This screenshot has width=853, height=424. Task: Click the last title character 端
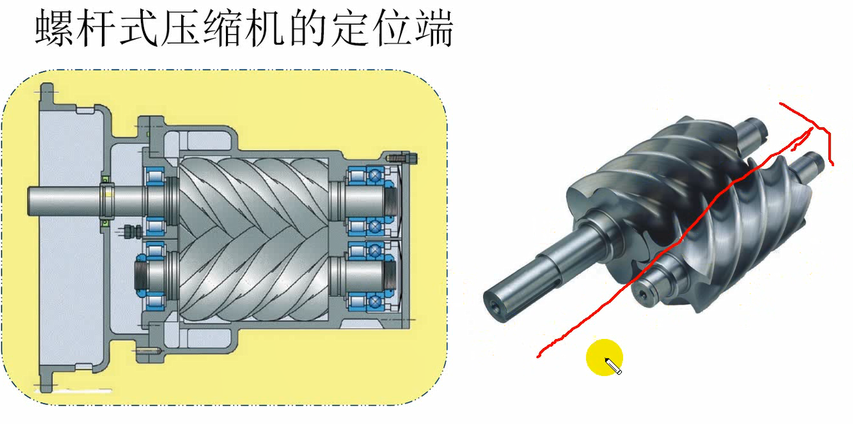pyautogui.click(x=431, y=29)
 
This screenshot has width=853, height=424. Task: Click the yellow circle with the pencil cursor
pyautogui.click(x=604, y=358)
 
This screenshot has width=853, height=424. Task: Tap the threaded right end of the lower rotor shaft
pyautogui.click(x=389, y=273)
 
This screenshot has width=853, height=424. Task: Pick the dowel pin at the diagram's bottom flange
pyautogui.click(x=145, y=351)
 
